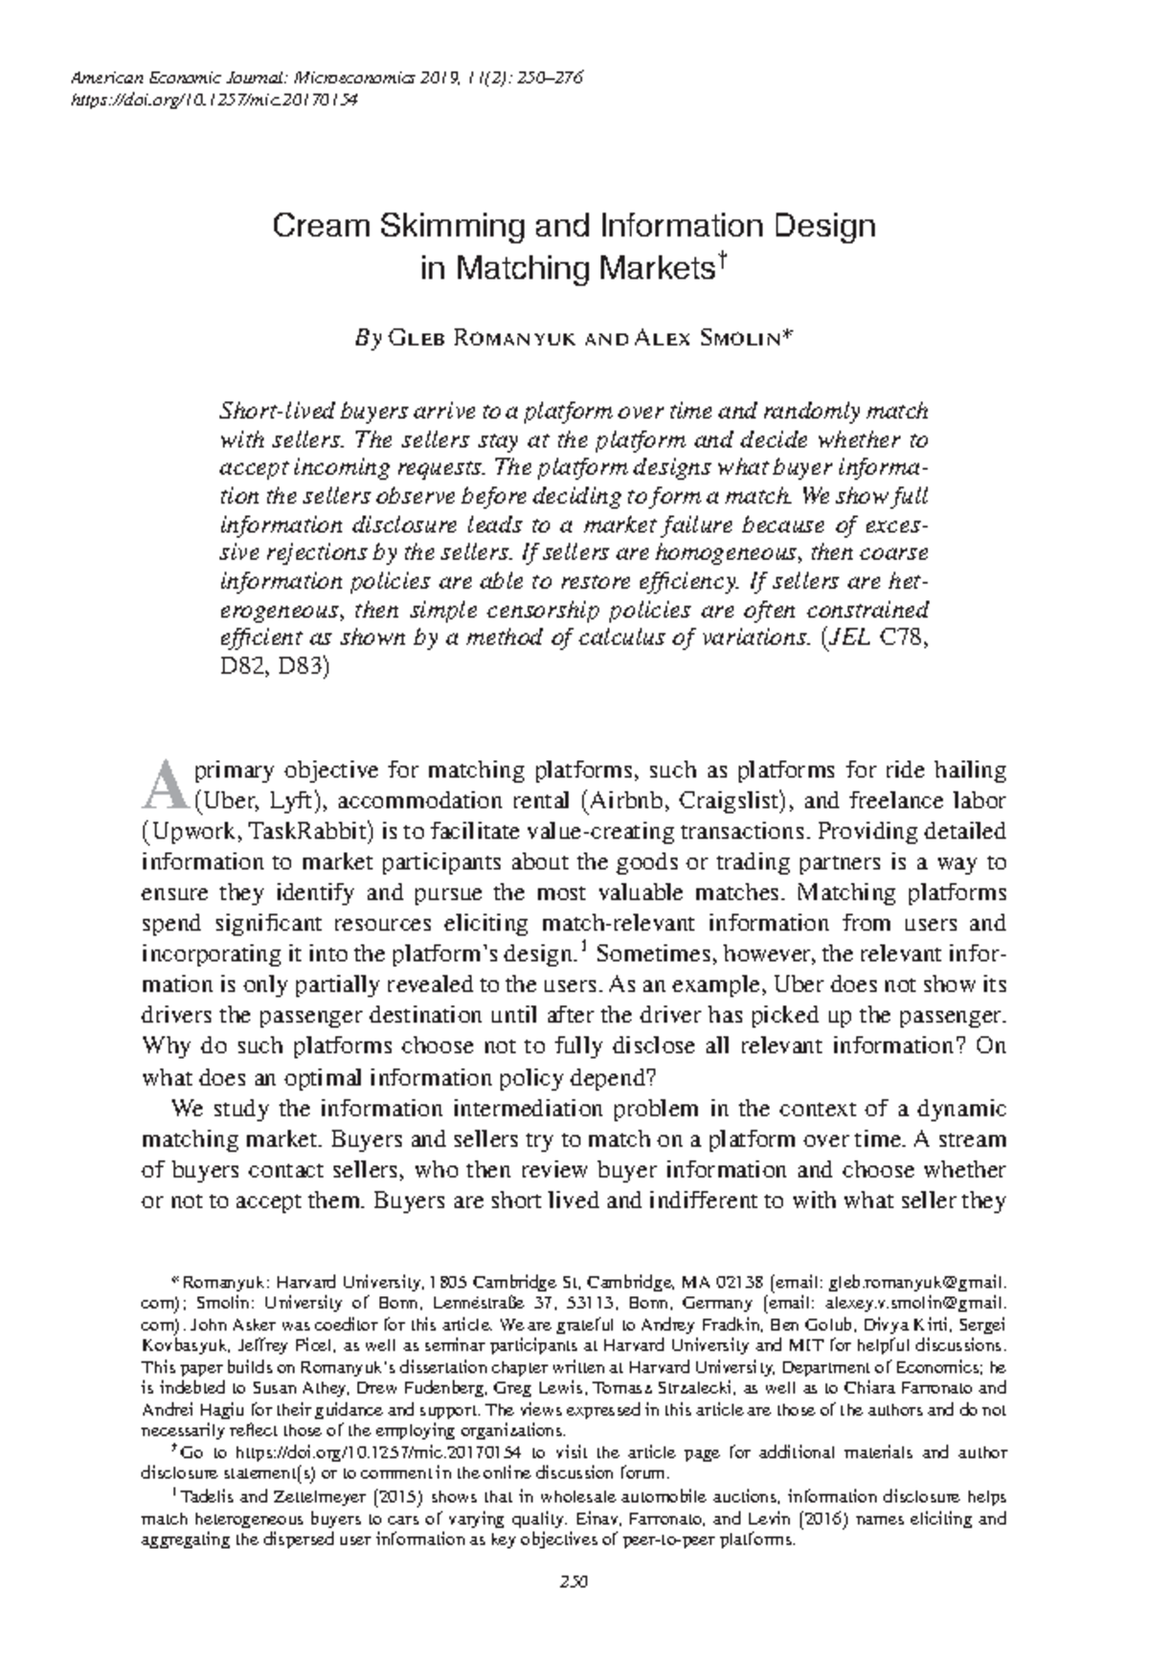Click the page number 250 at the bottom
click(x=574, y=1580)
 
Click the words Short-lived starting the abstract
click(x=267, y=412)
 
